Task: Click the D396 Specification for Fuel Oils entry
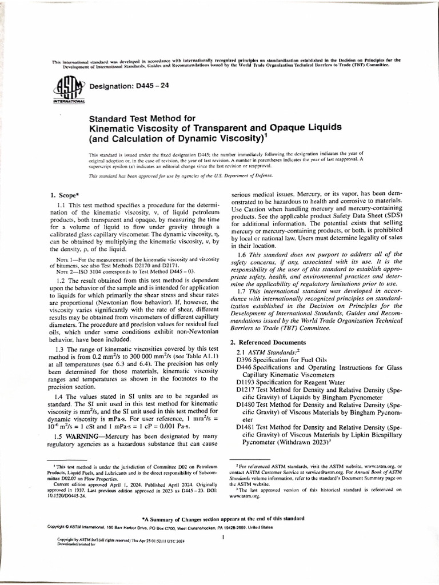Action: click(x=281, y=360)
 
